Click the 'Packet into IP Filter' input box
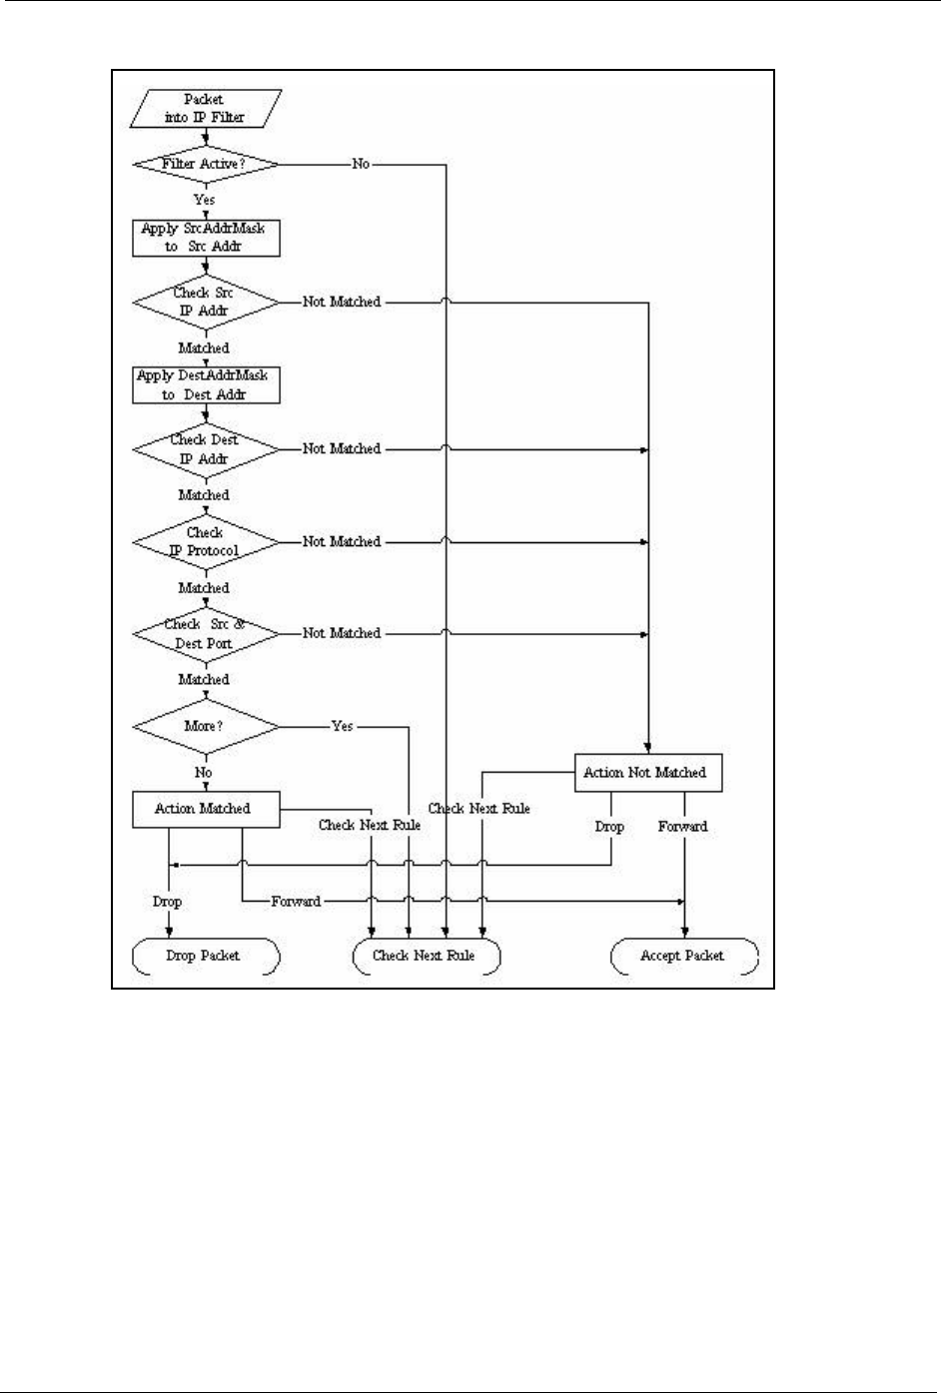click(x=206, y=108)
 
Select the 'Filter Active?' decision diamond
click(x=206, y=164)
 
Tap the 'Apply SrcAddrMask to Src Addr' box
click(x=206, y=238)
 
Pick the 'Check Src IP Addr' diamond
click(x=206, y=302)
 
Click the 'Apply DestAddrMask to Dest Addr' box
click(x=206, y=384)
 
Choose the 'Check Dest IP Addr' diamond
click(x=206, y=449)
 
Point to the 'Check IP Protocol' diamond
click(x=206, y=542)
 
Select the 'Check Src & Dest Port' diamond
click(x=206, y=634)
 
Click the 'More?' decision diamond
click(x=206, y=726)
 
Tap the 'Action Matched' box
click(x=206, y=809)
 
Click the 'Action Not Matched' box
click(x=647, y=773)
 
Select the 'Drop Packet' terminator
click(x=206, y=956)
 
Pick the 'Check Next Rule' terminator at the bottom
click(x=426, y=956)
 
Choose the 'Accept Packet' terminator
click(x=684, y=956)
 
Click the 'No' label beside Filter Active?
click(x=361, y=164)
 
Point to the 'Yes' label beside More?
click(x=343, y=726)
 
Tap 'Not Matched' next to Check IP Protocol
click(x=342, y=542)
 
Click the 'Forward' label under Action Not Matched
click(x=683, y=827)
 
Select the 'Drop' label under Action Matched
click(x=167, y=902)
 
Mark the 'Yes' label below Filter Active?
click(x=205, y=200)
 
